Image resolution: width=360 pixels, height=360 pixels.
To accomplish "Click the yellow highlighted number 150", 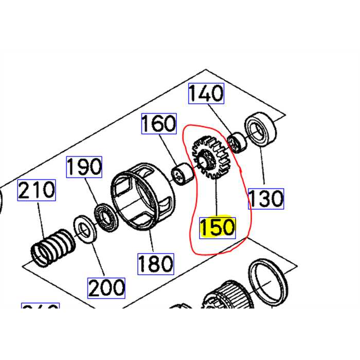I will pos(217,227).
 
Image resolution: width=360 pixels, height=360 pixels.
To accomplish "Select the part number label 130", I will pos(266,198).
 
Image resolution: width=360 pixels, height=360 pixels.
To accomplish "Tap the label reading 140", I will pos(206,94).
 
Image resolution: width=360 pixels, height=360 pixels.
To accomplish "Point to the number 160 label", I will pos(159,124).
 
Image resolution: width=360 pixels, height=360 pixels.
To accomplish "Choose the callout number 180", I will pos(155,263).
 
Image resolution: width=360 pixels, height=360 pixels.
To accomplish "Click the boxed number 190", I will pos(84,167).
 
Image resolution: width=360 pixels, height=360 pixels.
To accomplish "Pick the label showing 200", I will pos(106,287).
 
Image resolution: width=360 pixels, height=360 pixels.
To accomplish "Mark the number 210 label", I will pos(37,190).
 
